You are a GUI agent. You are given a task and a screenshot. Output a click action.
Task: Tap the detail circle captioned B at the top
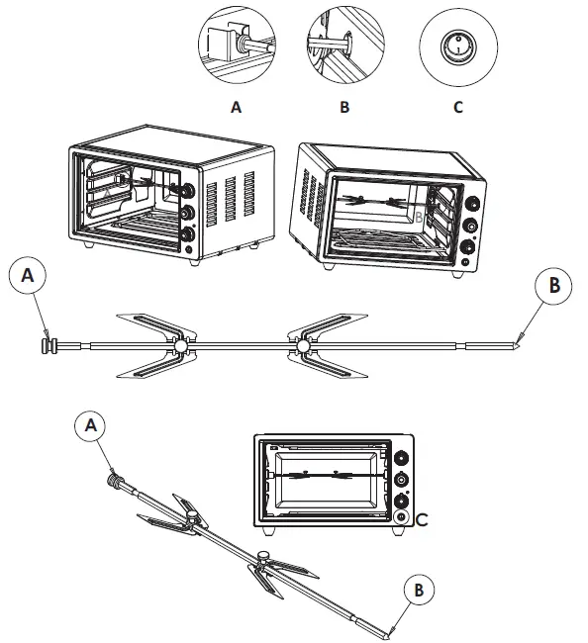[x=343, y=46]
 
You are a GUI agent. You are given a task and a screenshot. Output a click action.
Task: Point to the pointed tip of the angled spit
[x=392, y=630]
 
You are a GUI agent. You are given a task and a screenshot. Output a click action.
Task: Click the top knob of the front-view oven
[x=401, y=459]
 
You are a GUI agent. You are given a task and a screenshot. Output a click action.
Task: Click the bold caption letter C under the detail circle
[x=457, y=108]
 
